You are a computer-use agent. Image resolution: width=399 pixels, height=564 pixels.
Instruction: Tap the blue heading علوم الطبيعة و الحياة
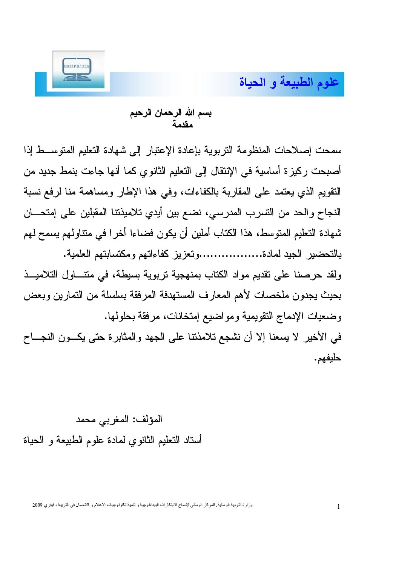click(x=289, y=82)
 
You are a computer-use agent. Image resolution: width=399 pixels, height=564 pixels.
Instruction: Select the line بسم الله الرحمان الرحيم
click(x=171, y=113)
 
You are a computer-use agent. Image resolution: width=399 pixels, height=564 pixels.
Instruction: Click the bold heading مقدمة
click(x=183, y=124)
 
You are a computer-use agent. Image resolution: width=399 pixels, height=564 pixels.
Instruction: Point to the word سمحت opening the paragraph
click(x=329, y=150)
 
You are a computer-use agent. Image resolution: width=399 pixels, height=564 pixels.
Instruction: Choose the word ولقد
click(x=332, y=275)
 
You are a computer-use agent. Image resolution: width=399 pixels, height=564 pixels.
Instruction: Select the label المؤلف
click(x=148, y=419)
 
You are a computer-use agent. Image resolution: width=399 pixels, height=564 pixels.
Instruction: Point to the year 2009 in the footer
click(x=37, y=505)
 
